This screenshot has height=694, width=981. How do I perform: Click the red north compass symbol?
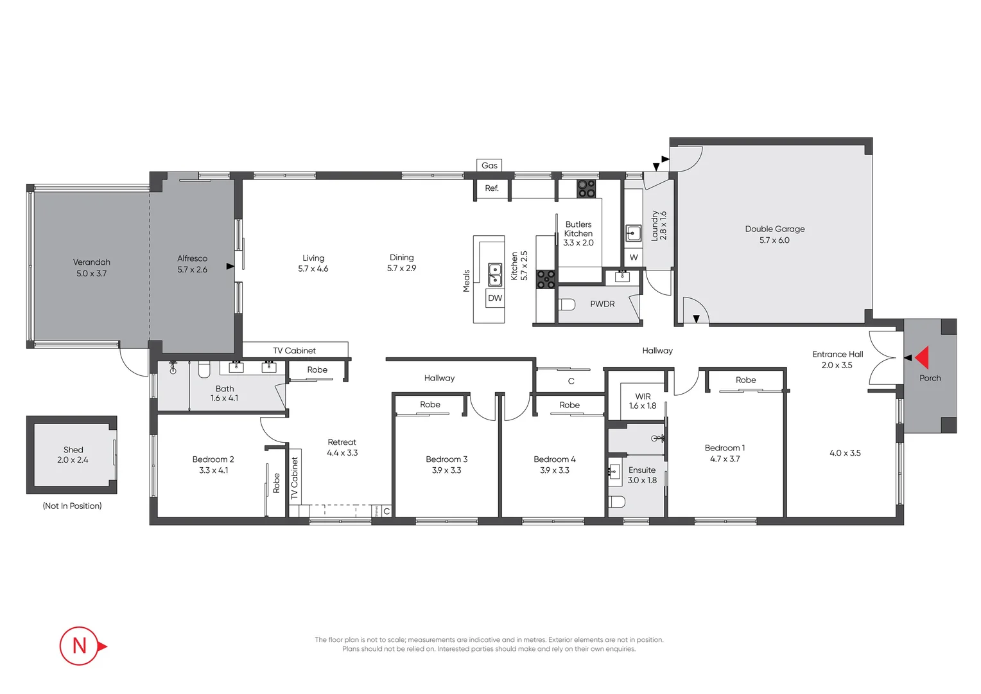pyautogui.click(x=80, y=645)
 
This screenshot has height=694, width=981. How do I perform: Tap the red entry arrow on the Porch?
pyautogui.click(x=923, y=357)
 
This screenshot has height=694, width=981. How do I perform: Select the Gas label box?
pyautogui.click(x=489, y=165)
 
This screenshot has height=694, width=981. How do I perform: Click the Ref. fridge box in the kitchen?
pyautogui.click(x=492, y=188)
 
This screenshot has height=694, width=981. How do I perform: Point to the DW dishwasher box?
pyautogui.click(x=495, y=298)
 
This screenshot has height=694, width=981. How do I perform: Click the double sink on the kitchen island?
pyautogui.click(x=495, y=274)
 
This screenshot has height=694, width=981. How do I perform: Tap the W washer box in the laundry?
pyautogui.click(x=634, y=258)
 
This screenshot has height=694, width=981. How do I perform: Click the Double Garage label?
pyautogui.click(x=774, y=229)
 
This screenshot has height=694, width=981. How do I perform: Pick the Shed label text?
pyautogui.click(x=73, y=450)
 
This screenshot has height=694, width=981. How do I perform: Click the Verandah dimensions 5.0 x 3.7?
pyautogui.click(x=92, y=274)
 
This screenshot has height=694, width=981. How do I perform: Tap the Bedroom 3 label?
pyautogui.click(x=446, y=459)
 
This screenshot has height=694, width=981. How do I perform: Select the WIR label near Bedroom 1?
pyautogui.click(x=643, y=396)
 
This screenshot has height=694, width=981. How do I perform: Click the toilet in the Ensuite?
pyautogui.click(x=616, y=501)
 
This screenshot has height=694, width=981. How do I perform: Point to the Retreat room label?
pyautogui.click(x=342, y=442)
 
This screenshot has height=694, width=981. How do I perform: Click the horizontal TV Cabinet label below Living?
pyautogui.click(x=294, y=351)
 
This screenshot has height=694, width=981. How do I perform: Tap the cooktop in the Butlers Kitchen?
pyautogui.click(x=586, y=188)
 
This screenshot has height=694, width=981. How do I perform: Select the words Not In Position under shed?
pyautogui.click(x=72, y=506)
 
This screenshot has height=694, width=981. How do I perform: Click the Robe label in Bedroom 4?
pyautogui.click(x=569, y=405)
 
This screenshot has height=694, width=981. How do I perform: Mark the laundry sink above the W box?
pyautogui.click(x=634, y=233)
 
